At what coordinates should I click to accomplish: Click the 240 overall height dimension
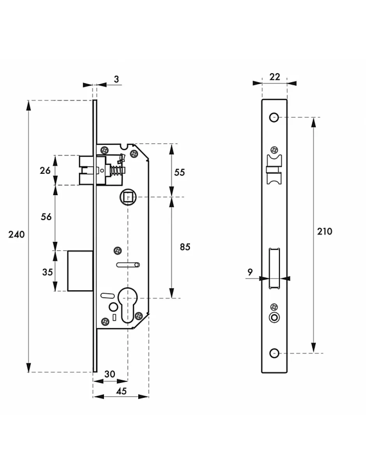(x=17, y=235)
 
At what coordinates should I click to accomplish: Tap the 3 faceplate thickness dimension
(x=116, y=79)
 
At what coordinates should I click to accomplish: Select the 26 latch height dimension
(x=46, y=170)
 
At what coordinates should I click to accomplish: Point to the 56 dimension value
(x=46, y=217)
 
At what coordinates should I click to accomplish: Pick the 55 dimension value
(x=179, y=172)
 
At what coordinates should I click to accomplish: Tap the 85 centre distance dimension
(x=185, y=247)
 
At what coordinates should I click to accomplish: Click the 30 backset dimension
(x=110, y=374)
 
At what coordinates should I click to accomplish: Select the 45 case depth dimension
(x=121, y=391)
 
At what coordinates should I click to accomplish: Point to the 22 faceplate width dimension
(x=275, y=77)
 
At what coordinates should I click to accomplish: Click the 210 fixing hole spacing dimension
(x=325, y=231)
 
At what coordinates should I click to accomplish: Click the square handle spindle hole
(x=128, y=198)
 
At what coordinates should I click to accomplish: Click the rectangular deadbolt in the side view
(x=80, y=271)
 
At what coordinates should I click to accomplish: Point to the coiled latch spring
(x=116, y=171)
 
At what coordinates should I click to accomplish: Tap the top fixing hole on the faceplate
(x=274, y=117)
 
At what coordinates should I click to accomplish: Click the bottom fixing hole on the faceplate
(x=274, y=353)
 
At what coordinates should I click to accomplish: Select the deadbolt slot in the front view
(x=274, y=269)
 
